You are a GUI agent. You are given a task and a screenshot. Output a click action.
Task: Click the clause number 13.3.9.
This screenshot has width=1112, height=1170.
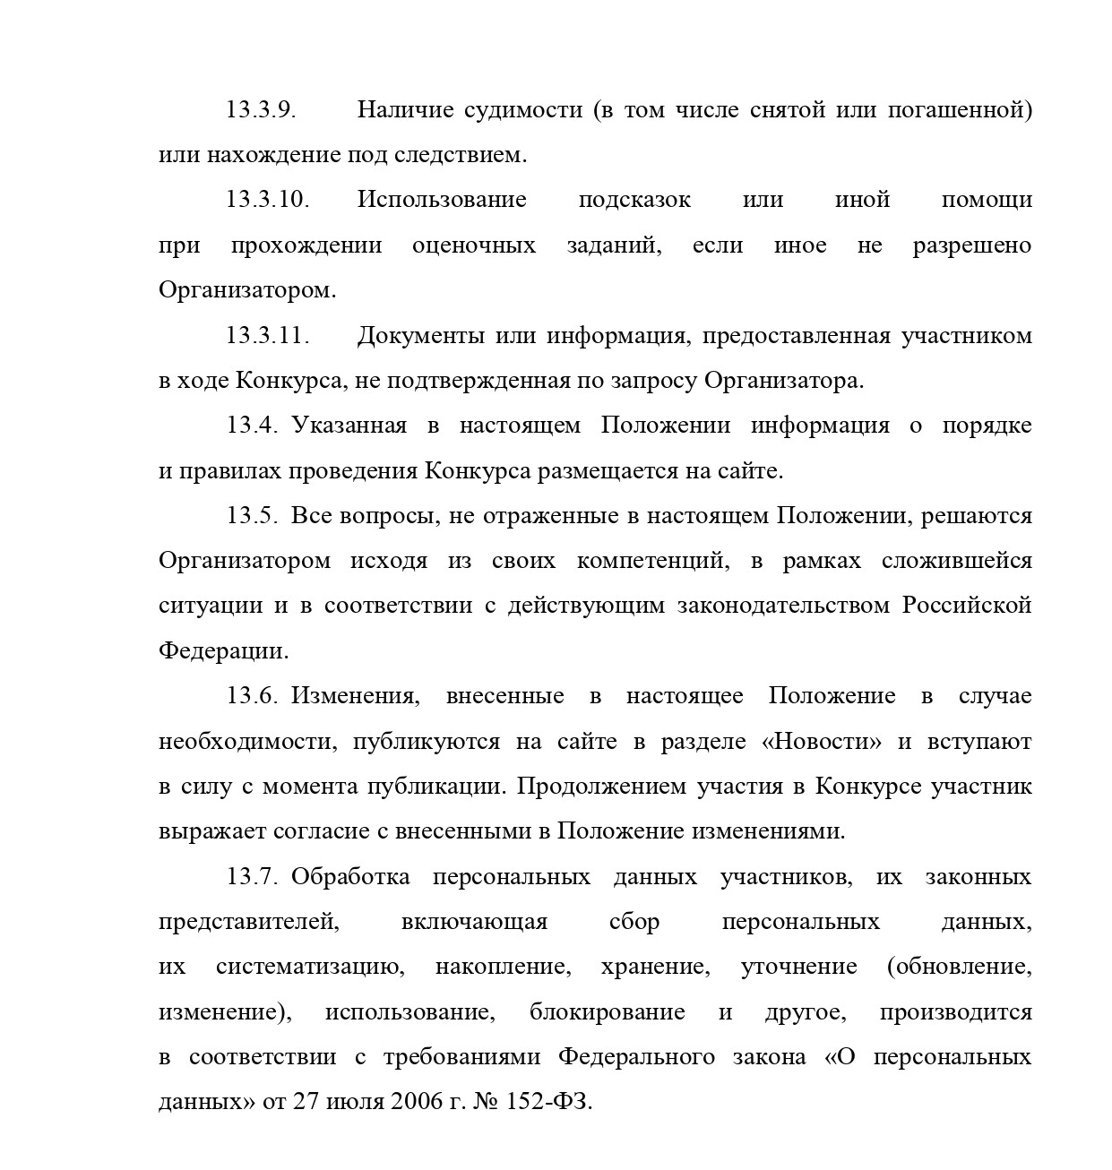coord(260,110)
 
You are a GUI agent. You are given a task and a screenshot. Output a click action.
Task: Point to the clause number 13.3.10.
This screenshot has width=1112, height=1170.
coord(267,200)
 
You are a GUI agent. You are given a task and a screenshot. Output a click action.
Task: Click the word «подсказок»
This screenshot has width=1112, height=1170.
coord(634,200)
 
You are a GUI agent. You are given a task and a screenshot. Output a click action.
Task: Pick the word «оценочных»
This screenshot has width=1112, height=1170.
coord(474,245)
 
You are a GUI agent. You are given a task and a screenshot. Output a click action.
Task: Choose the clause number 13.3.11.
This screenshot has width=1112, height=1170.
coord(267,336)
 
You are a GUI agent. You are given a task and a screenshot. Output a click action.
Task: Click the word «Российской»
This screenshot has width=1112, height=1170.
coord(967,607)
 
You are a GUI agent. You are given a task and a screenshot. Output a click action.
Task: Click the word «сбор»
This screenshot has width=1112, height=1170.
coord(634,922)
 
